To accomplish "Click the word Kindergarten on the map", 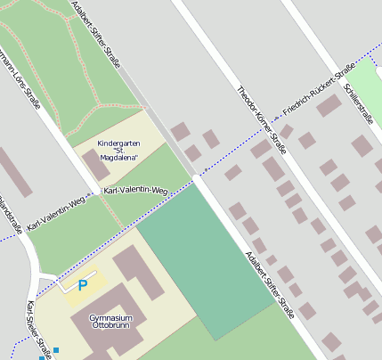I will coord(119,143).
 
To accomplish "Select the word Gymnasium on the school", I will coord(111,317).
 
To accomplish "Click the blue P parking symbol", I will coord(83,285).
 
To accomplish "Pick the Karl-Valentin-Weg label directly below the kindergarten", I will coord(135,191).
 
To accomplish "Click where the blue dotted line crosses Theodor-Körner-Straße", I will coord(267,128).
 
